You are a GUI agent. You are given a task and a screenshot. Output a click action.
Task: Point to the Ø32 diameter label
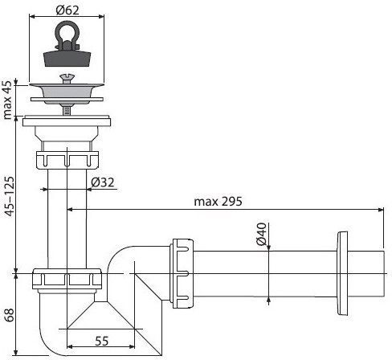pos(105,182)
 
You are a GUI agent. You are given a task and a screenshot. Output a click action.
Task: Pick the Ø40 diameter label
pos(260,234)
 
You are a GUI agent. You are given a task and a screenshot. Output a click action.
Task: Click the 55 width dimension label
pos(100,341)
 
